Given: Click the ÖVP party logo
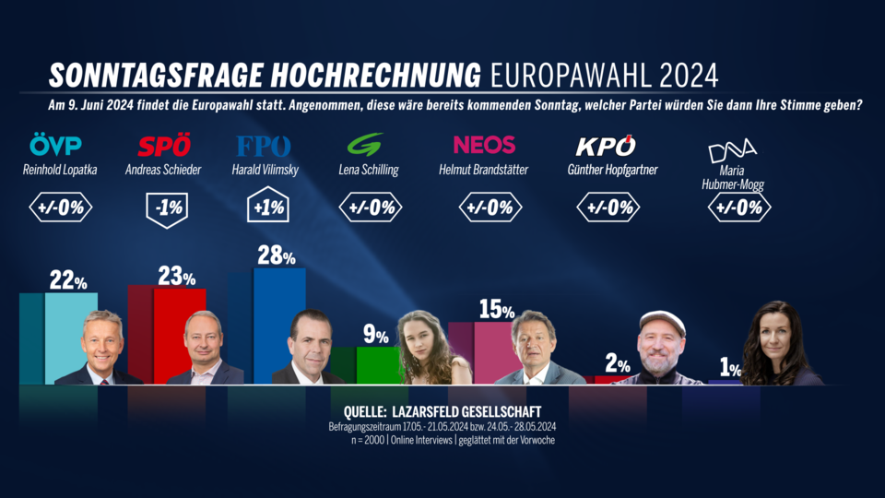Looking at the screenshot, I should (x=55, y=147).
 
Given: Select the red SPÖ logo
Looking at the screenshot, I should (x=164, y=147).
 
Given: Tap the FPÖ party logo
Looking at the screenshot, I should (x=264, y=147).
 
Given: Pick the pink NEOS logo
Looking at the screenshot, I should (x=484, y=146).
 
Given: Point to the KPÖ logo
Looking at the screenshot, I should (x=606, y=146).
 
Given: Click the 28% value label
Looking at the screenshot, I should (x=276, y=256).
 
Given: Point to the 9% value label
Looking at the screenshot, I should (x=374, y=334).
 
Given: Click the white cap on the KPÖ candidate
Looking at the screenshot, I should (x=662, y=320).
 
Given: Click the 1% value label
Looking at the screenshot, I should (x=730, y=369).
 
